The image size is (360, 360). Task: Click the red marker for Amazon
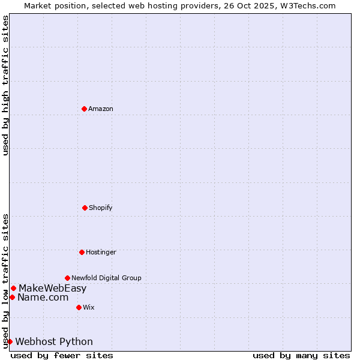[84, 109]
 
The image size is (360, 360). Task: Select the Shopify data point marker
[85, 208]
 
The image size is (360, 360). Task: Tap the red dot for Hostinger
[82, 252]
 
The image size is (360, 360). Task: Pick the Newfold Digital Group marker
[67, 278]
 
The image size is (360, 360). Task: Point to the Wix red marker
[79, 307]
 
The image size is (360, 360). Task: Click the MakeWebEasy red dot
[13, 288]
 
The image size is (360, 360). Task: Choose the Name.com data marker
[12, 297]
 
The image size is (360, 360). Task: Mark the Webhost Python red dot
[10, 341]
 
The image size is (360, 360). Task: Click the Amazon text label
[101, 109]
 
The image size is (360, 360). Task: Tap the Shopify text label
[101, 208]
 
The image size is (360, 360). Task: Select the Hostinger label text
[101, 252]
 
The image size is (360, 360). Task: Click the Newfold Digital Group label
[106, 278]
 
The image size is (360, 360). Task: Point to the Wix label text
[89, 307]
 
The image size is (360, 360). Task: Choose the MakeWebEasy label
[52, 288]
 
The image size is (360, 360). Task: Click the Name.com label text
[43, 297]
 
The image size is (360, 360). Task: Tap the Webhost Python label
[54, 341]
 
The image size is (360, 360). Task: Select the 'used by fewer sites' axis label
[62, 355]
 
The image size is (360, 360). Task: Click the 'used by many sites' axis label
[301, 355]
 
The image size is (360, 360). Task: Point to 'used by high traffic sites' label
[5, 85]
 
